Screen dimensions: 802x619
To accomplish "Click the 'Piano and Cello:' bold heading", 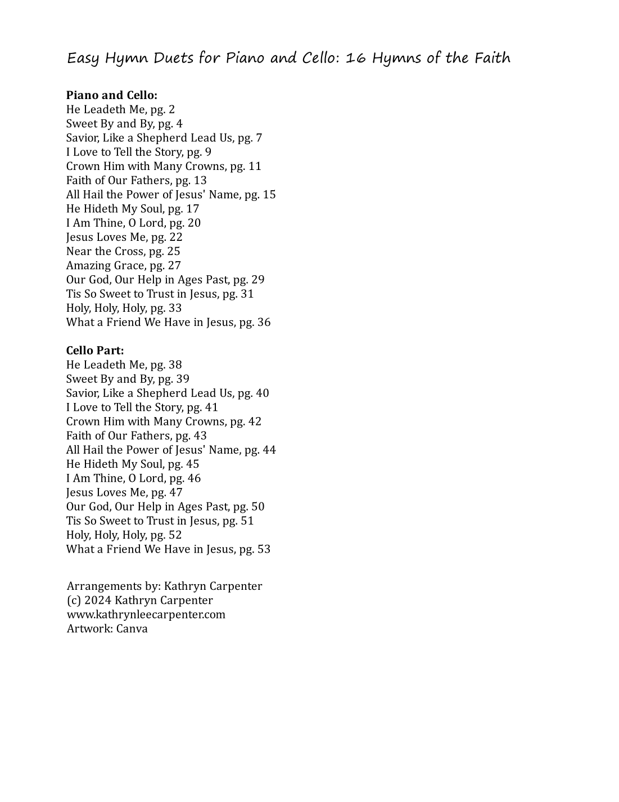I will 111,95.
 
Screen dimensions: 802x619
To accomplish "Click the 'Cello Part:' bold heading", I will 95,351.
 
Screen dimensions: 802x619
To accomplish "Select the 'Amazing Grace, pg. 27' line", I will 123,266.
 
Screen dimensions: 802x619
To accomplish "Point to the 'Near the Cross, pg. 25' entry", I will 123,252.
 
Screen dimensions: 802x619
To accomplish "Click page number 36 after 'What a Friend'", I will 264,322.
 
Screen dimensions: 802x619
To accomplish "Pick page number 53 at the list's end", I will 264,549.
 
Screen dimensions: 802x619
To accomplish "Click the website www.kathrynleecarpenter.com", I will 146,615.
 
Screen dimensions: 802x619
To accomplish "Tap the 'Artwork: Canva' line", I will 107,629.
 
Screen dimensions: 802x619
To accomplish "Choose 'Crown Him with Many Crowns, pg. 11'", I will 164,167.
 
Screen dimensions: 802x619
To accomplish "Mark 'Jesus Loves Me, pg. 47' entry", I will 124,492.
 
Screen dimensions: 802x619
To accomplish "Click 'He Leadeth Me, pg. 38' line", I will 124,365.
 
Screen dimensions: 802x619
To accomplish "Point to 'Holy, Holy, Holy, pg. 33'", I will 124,308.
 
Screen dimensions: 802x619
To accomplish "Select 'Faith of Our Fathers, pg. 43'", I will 136,436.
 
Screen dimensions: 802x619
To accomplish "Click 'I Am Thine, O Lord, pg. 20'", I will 133,223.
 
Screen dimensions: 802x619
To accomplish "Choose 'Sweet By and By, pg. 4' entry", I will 124,124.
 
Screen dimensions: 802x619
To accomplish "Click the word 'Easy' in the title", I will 83,59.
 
